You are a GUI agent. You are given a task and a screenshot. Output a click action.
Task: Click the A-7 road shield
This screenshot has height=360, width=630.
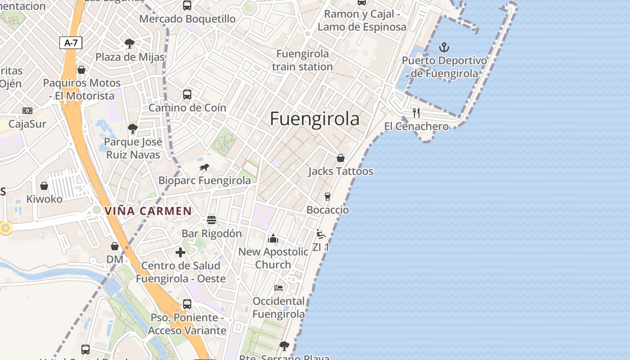[71, 43]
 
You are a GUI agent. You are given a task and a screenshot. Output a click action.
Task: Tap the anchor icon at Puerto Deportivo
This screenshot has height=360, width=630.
[444, 47]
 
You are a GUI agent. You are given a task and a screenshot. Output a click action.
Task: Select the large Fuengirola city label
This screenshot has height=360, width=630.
[315, 119]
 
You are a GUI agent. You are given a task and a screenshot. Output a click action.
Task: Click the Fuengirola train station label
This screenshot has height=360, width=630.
[302, 60]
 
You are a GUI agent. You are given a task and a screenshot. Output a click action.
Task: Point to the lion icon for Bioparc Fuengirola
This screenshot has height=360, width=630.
[204, 167]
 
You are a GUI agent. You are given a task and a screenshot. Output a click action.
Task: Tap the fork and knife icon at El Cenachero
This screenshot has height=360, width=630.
[416, 112]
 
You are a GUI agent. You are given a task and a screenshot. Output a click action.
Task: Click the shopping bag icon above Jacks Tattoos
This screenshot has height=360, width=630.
[341, 158]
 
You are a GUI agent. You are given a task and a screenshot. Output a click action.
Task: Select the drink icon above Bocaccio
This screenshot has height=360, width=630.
[328, 197]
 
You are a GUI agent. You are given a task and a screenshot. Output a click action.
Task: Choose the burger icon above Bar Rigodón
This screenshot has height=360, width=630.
[211, 220]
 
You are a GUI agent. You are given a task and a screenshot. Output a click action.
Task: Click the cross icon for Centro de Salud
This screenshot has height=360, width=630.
[180, 252]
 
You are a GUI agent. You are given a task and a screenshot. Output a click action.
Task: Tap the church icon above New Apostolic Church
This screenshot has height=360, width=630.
[273, 238]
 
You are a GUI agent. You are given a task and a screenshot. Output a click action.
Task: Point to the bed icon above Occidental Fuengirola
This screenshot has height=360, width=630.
[279, 288]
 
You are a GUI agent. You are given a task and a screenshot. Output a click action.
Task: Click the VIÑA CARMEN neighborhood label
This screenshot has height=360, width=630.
[148, 211]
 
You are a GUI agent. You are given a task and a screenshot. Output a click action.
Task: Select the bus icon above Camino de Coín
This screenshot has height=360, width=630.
[187, 94]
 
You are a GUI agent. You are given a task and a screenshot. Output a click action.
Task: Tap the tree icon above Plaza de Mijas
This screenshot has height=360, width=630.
[130, 44]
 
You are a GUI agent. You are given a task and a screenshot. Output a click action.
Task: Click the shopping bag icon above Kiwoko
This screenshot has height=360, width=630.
[44, 186]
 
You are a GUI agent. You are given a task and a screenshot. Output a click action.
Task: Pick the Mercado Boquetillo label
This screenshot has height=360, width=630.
[187, 19]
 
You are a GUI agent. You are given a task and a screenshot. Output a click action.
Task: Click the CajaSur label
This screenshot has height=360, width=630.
[27, 124]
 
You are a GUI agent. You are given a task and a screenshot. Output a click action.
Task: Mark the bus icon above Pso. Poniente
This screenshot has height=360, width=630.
[187, 304]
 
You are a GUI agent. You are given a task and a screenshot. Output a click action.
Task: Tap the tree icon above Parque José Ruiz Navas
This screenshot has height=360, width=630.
[132, 129]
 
